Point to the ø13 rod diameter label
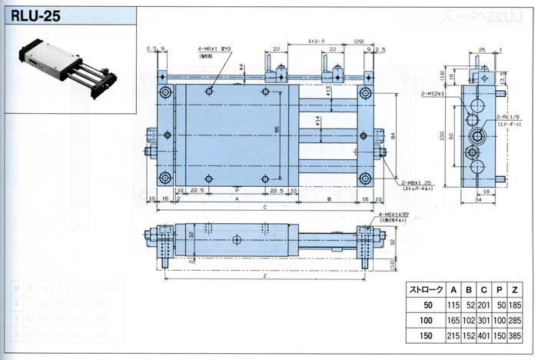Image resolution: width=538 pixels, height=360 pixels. [329, 90]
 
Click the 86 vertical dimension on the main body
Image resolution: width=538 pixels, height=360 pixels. [277, 129]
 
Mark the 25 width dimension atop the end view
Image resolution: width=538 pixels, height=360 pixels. [480, 50]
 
